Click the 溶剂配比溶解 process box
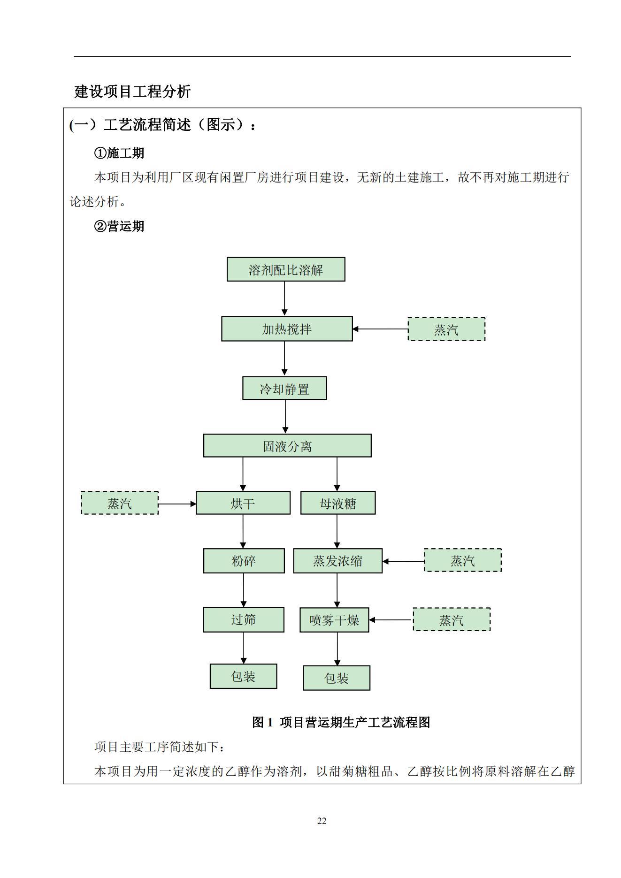[x=286, y=269]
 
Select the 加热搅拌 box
[x=287, y=328]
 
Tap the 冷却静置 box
[x=284, y=388]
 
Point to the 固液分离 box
[x=287, y=445]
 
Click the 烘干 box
[x=243, y=503]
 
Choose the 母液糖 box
[x=338, y=503]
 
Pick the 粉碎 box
[x=244, y=561]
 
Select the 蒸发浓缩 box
[x=337, y=561]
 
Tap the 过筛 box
[x=243, y=619]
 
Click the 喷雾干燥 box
[x=334, y=620]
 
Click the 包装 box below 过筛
[x=243, y=676]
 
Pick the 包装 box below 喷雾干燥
[x=337, y=678]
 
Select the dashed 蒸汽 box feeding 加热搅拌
[x=446, y=329]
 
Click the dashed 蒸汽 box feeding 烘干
[x=120, y=503]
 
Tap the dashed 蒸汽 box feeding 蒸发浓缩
[x=463, y=560]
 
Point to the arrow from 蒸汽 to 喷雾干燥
[x=391, y=620]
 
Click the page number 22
[x=322, y=821]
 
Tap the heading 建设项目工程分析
[x=132, y=91]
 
